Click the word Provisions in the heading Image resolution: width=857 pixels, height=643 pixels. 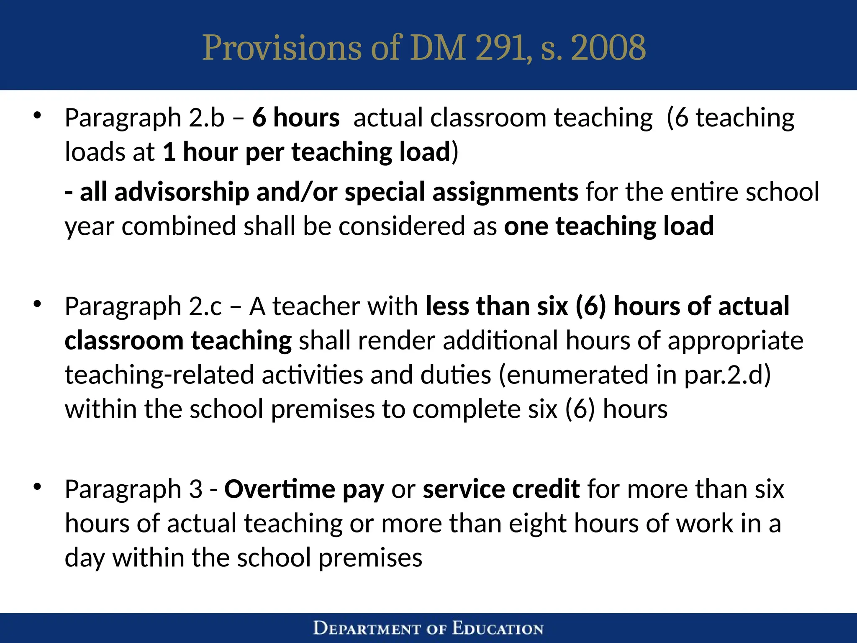pyautogui.click(x=282, y=48)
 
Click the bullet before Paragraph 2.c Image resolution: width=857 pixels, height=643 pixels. pyautogui.click(x=38, y=304)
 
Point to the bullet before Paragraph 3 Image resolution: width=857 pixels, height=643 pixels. pyautogui.click(x=38, y=487)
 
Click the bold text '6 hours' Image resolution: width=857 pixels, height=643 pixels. pyautogui.click(x=296, y=117)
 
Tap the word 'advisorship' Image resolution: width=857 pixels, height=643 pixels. pyautogui.click(x=181, y=192)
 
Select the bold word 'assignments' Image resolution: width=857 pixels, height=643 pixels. pyautogui.click(x=505, y=192)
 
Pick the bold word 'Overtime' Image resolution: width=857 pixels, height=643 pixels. pyautogui.click(x=280, y=489)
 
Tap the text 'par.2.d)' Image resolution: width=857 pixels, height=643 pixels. pyautogui.click(x=727, y=375)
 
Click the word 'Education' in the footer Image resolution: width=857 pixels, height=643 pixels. pyautogui.click(x=498, y=629)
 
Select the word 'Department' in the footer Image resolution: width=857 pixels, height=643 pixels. pyautogui.click(x=367, y=629)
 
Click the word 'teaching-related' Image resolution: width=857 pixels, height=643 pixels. pyautogui.click(x=159, y=375)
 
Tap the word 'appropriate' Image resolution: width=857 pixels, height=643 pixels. pyautogui.click(x=735, y=341)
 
